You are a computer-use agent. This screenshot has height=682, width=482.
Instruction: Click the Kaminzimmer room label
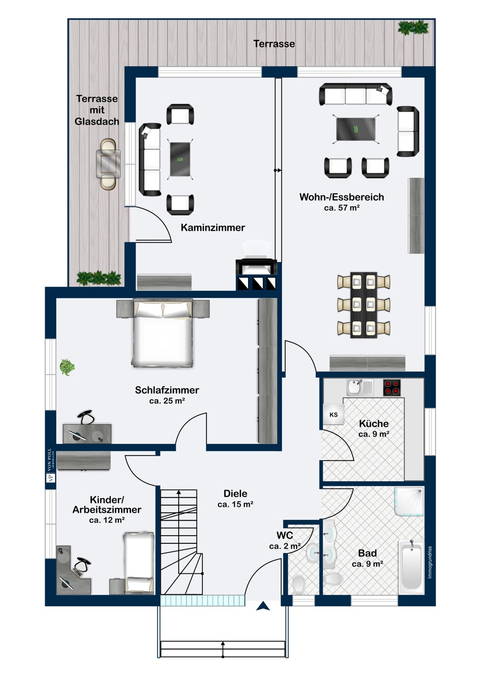click(x=213, y=227)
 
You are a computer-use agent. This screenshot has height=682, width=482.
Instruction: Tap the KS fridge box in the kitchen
click(x=333, y=415)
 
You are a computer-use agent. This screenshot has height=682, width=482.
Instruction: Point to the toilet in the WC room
click(x=299, y=584)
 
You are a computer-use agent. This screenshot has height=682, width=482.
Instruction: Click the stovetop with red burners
click(x=391, y=388)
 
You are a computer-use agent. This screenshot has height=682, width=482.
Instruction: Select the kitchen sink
click(x=354, y=387)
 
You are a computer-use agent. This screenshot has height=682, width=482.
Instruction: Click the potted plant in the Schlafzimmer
click(x=67, y=366)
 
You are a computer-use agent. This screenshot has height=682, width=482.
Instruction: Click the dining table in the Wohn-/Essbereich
click(x=363, y=305)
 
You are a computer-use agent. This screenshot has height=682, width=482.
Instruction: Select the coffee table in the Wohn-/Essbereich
click(x=356, y=129)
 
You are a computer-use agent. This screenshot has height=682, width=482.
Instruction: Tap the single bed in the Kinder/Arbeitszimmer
click(x=139, y=563)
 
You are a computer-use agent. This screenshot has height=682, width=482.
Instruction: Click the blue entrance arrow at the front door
click(x=263, y=606)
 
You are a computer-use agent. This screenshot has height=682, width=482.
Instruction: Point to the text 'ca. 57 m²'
click(x=341, y=208)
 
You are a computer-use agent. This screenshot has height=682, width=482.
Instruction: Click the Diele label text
click(x=235, y=493)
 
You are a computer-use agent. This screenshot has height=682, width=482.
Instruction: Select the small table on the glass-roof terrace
click(x=108, y=164)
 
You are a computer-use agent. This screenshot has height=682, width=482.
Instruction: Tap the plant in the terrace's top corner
click(x=413, y=28)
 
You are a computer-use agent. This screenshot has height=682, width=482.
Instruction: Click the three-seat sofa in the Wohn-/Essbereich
click(x=356, y=95)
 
